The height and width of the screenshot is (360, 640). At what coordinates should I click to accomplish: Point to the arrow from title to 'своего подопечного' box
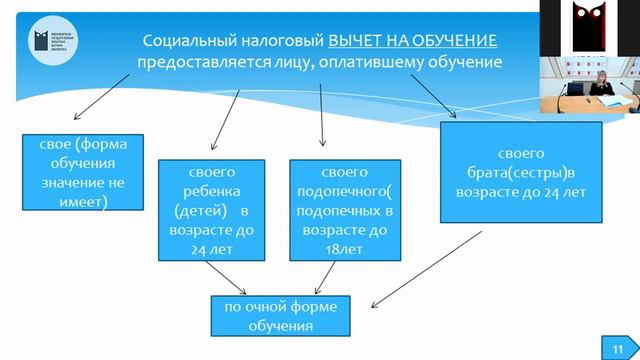321,109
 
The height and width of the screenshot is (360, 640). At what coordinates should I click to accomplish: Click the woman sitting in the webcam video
604,88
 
